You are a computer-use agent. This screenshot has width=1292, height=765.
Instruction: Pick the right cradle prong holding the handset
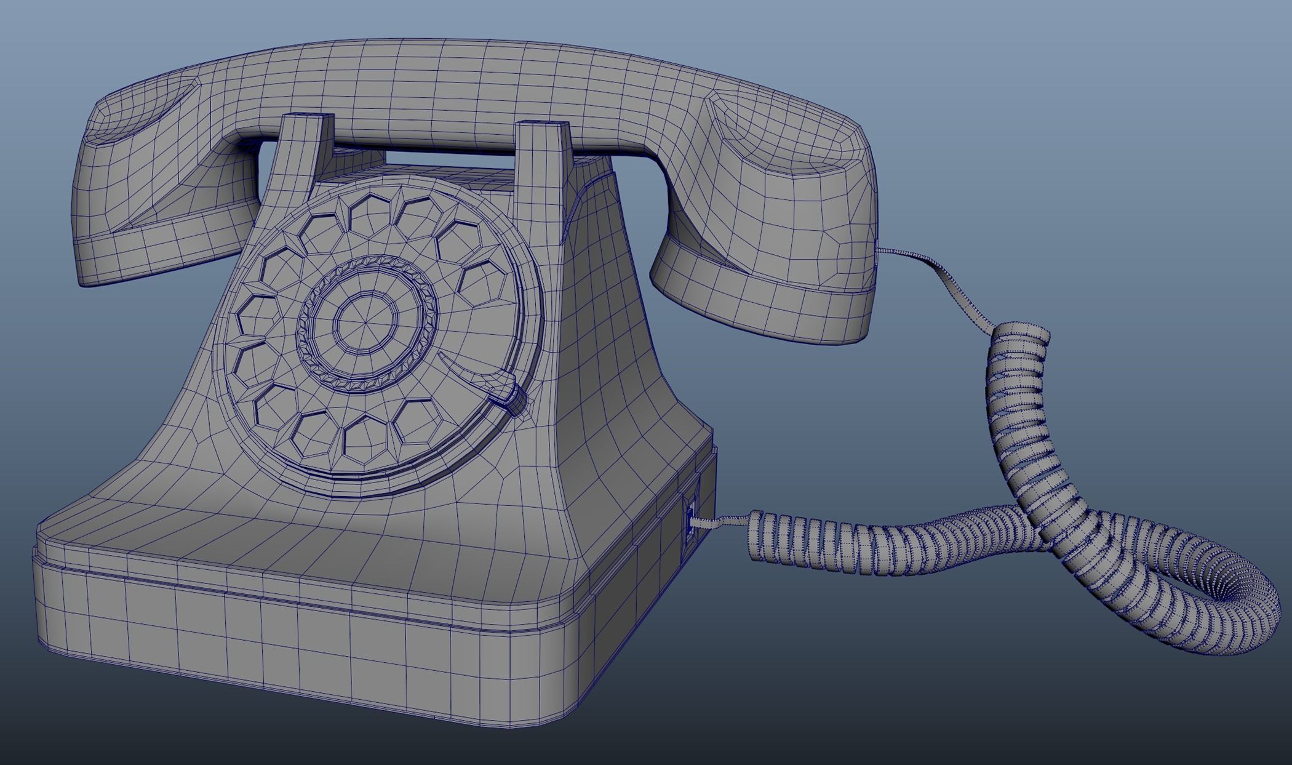pyautogui.click(x=541, y=154)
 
